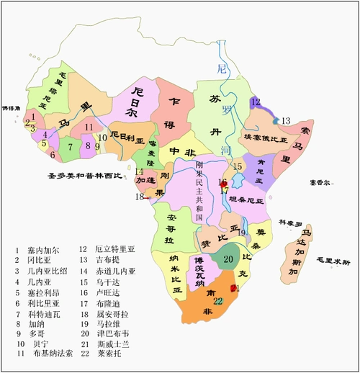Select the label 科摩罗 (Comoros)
(292, 223)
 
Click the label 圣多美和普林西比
(80, 175)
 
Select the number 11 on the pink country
(88, 127)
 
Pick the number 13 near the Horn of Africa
(285, 120)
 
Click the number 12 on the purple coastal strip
(255, 102)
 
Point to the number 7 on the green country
(70, 147)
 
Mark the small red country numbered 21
(233, 288)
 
